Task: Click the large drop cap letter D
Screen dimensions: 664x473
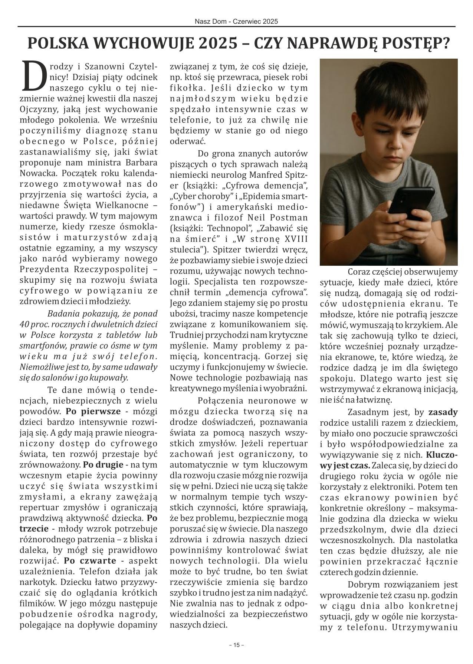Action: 35,76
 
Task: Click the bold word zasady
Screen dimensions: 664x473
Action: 443,412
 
